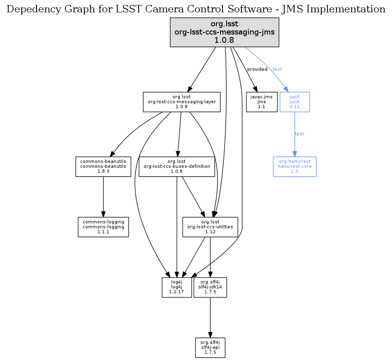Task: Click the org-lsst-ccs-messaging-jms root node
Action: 225,32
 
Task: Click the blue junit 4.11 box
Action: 295,102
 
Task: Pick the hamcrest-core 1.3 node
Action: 295,166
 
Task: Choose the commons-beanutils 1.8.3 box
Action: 103,166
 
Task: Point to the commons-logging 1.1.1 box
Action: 103,227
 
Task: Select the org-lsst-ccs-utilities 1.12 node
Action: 210,227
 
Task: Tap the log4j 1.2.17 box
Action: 176,287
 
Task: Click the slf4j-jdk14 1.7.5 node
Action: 210,287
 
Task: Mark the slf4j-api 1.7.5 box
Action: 210,348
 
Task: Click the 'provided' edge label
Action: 257,69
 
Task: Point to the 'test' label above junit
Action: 277,69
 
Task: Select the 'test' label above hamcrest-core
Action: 299,134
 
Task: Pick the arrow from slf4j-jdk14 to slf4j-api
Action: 210,317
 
